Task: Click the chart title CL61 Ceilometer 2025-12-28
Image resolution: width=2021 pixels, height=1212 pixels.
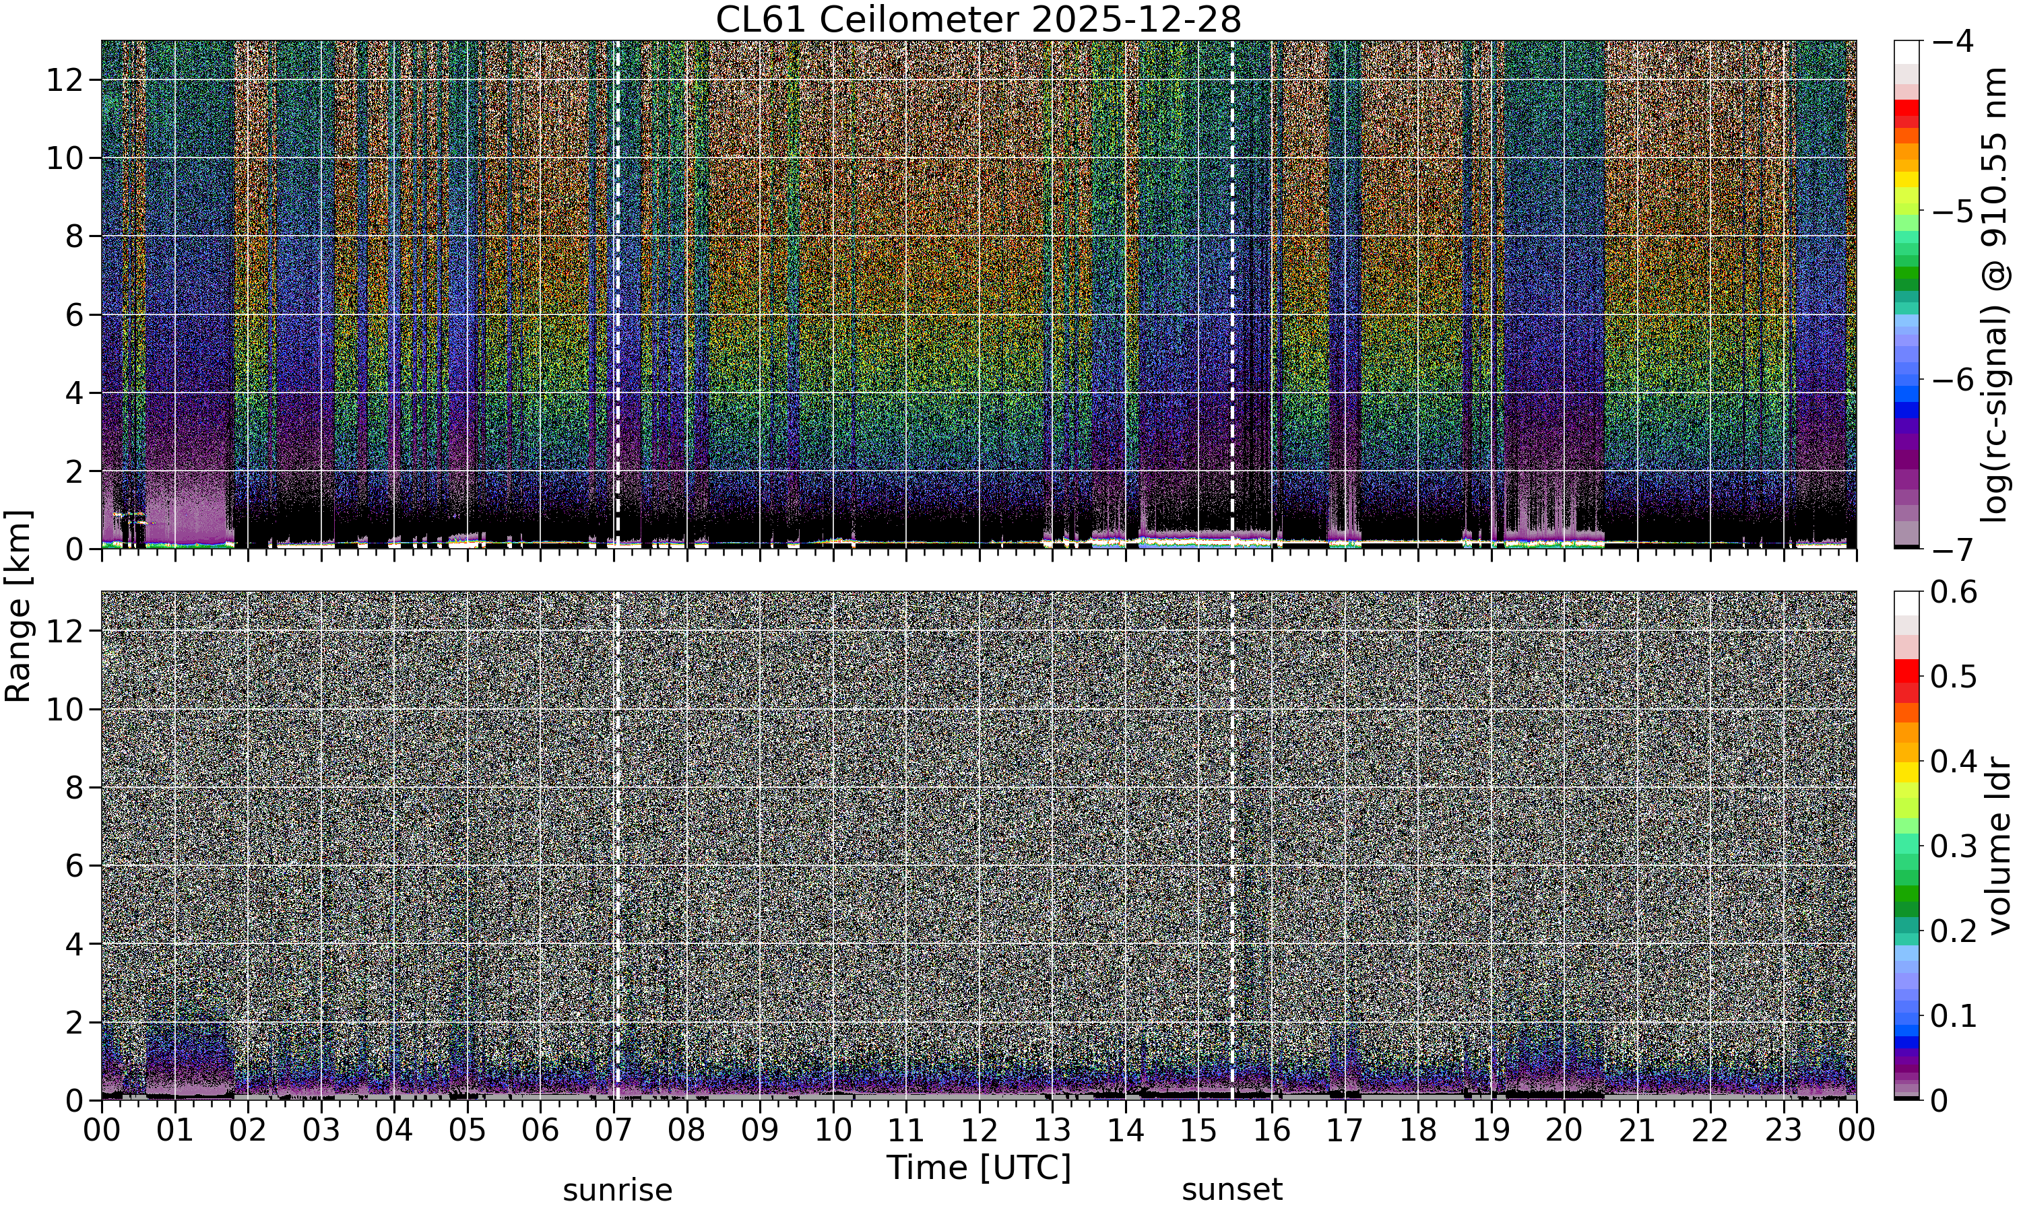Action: (x=977, y=20)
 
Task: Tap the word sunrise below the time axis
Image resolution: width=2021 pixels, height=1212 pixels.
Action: (x=618, y=1190)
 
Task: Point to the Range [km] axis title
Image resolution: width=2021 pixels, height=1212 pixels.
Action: (x=18, y=606)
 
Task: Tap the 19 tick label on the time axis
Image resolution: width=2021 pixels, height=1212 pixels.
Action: (x=1491, y=1131)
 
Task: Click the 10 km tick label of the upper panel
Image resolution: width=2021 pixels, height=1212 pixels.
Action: (x=64, y=158)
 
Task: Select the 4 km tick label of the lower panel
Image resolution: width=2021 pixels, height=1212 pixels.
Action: (x=74, y=944)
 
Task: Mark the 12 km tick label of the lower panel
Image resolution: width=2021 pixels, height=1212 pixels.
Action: (x=64, y=632)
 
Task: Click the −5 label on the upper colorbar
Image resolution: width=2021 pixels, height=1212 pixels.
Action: (x=1952, y=211)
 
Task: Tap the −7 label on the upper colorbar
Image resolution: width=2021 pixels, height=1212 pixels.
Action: (x=1952, y=549)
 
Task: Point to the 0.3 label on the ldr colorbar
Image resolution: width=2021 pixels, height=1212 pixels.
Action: (x=1954, y=846)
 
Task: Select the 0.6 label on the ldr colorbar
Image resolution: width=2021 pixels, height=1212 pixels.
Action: (x=1954, y=591)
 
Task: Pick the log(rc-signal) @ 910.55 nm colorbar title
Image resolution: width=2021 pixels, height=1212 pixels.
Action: (x=1995, y=295)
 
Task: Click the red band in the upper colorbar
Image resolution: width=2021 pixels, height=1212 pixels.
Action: (x=1906, y=107)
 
